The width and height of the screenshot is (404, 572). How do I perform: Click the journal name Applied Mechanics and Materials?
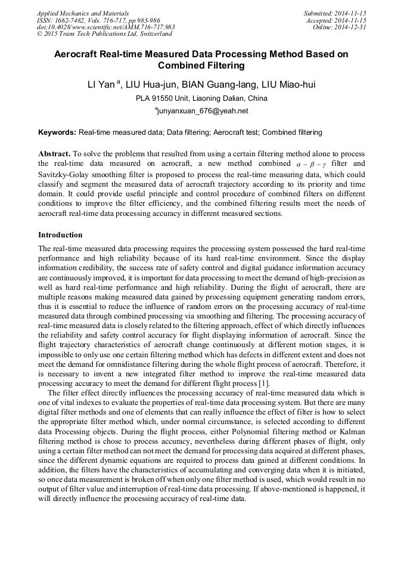[82, 13]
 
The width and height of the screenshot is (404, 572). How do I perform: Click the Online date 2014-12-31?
[339, 27]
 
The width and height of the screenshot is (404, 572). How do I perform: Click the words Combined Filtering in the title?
[201, 66]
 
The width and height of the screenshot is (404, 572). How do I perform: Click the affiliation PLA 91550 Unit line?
[201, 98]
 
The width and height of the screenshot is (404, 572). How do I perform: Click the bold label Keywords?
[57, 132]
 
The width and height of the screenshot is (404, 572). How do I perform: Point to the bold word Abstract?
[54, 153]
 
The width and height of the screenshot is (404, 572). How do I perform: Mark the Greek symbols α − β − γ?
[312, 163]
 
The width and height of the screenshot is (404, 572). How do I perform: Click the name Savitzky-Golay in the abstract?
[66, 174]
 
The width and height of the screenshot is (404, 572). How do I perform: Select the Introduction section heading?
[60, 235]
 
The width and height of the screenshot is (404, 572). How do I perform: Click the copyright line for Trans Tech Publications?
[104, 34]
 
